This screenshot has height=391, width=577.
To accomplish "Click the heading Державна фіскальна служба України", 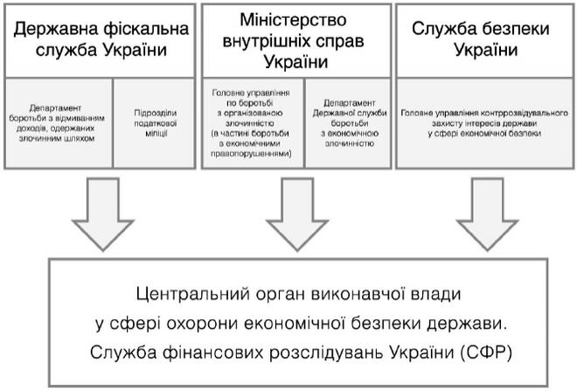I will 101,39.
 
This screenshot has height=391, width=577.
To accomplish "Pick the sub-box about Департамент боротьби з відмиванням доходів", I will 59,122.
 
